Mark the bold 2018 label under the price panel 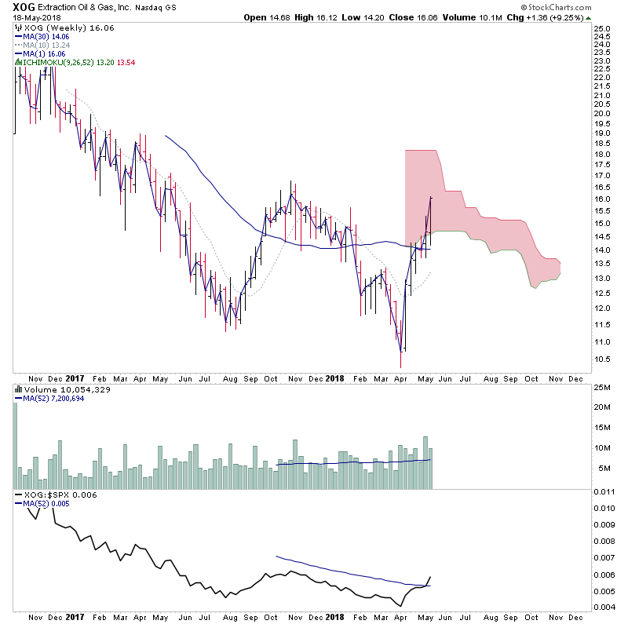click(x=335, y=378)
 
